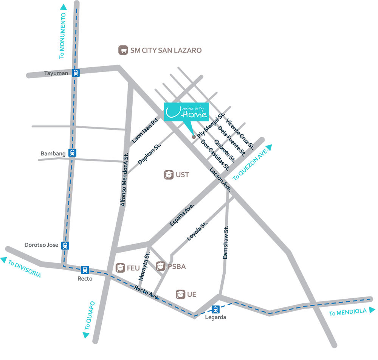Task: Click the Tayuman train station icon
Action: (76, 73)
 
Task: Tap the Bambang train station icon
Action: (72, 153)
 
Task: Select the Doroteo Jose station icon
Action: (66, 245)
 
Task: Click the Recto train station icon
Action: (85, 270)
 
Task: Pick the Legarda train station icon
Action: (215, 309)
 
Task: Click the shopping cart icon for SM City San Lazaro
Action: (122, 50)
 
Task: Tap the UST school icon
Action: (168, 175)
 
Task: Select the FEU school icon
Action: (121, 268)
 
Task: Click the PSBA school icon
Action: (161, 266)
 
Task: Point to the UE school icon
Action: (180, 294)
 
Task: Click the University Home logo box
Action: (186, 112)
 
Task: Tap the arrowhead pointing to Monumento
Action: (63, 6)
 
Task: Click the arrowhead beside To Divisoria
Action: (4, 260)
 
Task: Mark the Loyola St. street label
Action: (197, 232)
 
